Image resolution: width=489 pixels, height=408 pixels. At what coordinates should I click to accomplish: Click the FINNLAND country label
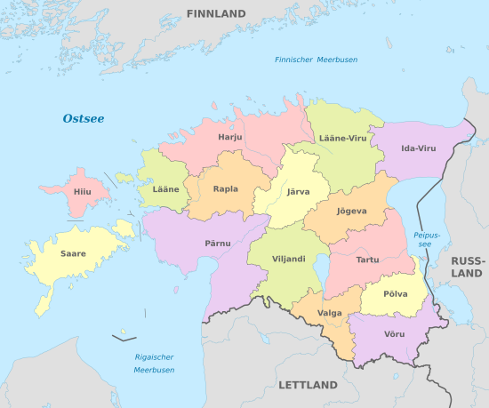point(216,14)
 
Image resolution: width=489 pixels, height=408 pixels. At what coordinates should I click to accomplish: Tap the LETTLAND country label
point(309,385)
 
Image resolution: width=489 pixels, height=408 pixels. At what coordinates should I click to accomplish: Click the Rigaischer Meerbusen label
point(154,363)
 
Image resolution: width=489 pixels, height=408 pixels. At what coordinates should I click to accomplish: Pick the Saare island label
point(73,253)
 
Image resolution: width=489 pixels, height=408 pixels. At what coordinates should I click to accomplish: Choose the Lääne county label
point(165,189)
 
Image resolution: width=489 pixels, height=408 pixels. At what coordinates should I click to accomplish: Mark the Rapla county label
point(226,188)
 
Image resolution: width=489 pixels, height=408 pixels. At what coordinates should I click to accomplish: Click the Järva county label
point(298,191)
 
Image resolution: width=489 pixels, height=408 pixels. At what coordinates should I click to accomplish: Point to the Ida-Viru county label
point(418,148)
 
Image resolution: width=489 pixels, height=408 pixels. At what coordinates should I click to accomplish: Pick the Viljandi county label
point(288,259)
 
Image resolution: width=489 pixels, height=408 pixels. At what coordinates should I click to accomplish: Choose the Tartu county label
point(366,260)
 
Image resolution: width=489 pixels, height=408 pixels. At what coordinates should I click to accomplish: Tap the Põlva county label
point(395,293)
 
